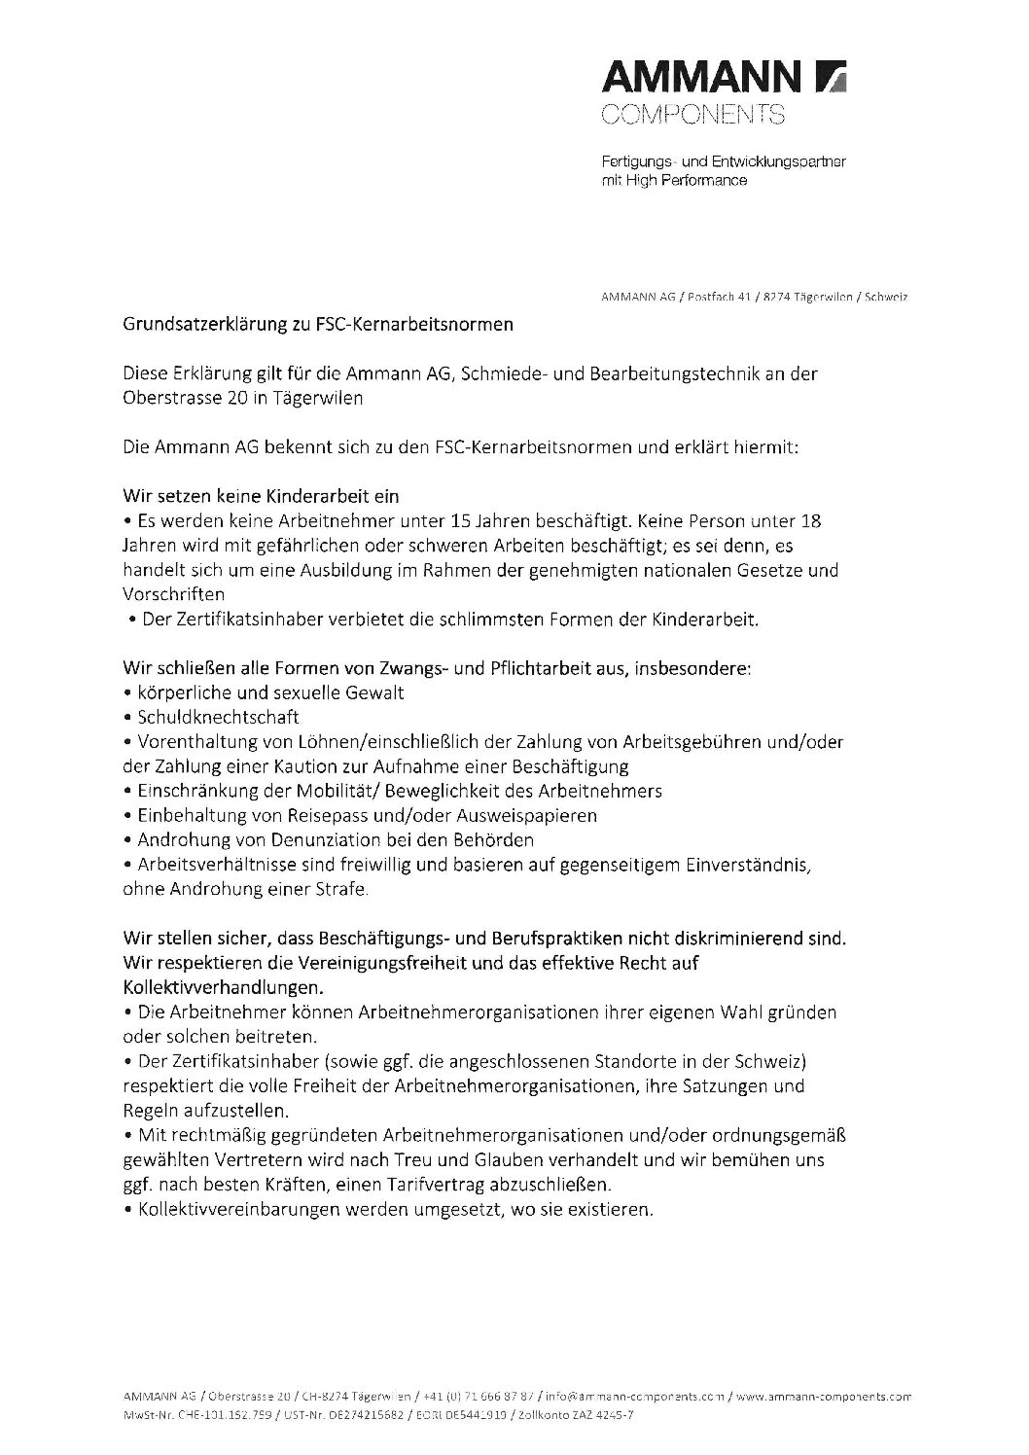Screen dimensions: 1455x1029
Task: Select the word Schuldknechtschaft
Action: click(x=218, y=718)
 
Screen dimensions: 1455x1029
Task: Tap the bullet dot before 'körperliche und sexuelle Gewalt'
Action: click(x=128, y=693)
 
